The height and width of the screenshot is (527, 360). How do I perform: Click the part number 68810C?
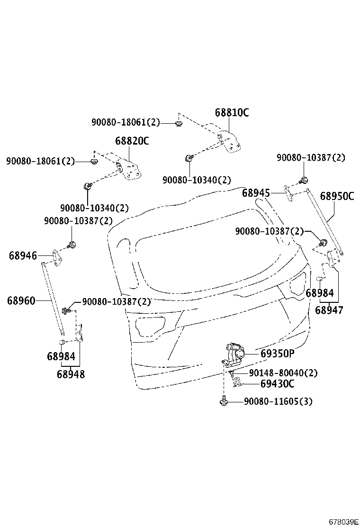coord(232,112)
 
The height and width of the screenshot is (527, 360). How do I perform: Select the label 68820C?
coord(132,141)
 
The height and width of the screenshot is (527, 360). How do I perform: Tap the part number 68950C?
coord(337,196)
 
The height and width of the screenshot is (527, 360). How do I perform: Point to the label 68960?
coord(21,300)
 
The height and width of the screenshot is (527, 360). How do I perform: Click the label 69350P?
coord(278,354)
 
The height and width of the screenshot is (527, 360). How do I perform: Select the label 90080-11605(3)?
coord(278,402)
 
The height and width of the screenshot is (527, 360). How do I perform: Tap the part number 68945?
coord(256,193)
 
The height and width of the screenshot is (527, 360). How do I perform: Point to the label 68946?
coord(23,256)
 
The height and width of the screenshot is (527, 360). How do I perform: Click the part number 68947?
coord(329,310)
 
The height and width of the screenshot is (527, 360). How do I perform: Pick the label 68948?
coord(71,374)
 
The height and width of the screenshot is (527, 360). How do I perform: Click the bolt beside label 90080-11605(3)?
coord(223,402)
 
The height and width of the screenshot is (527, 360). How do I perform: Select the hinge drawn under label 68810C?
coord(229,141)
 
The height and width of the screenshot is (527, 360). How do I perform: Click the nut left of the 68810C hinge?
coord(179,124)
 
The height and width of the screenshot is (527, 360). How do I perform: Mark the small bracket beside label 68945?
coord(288,190)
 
